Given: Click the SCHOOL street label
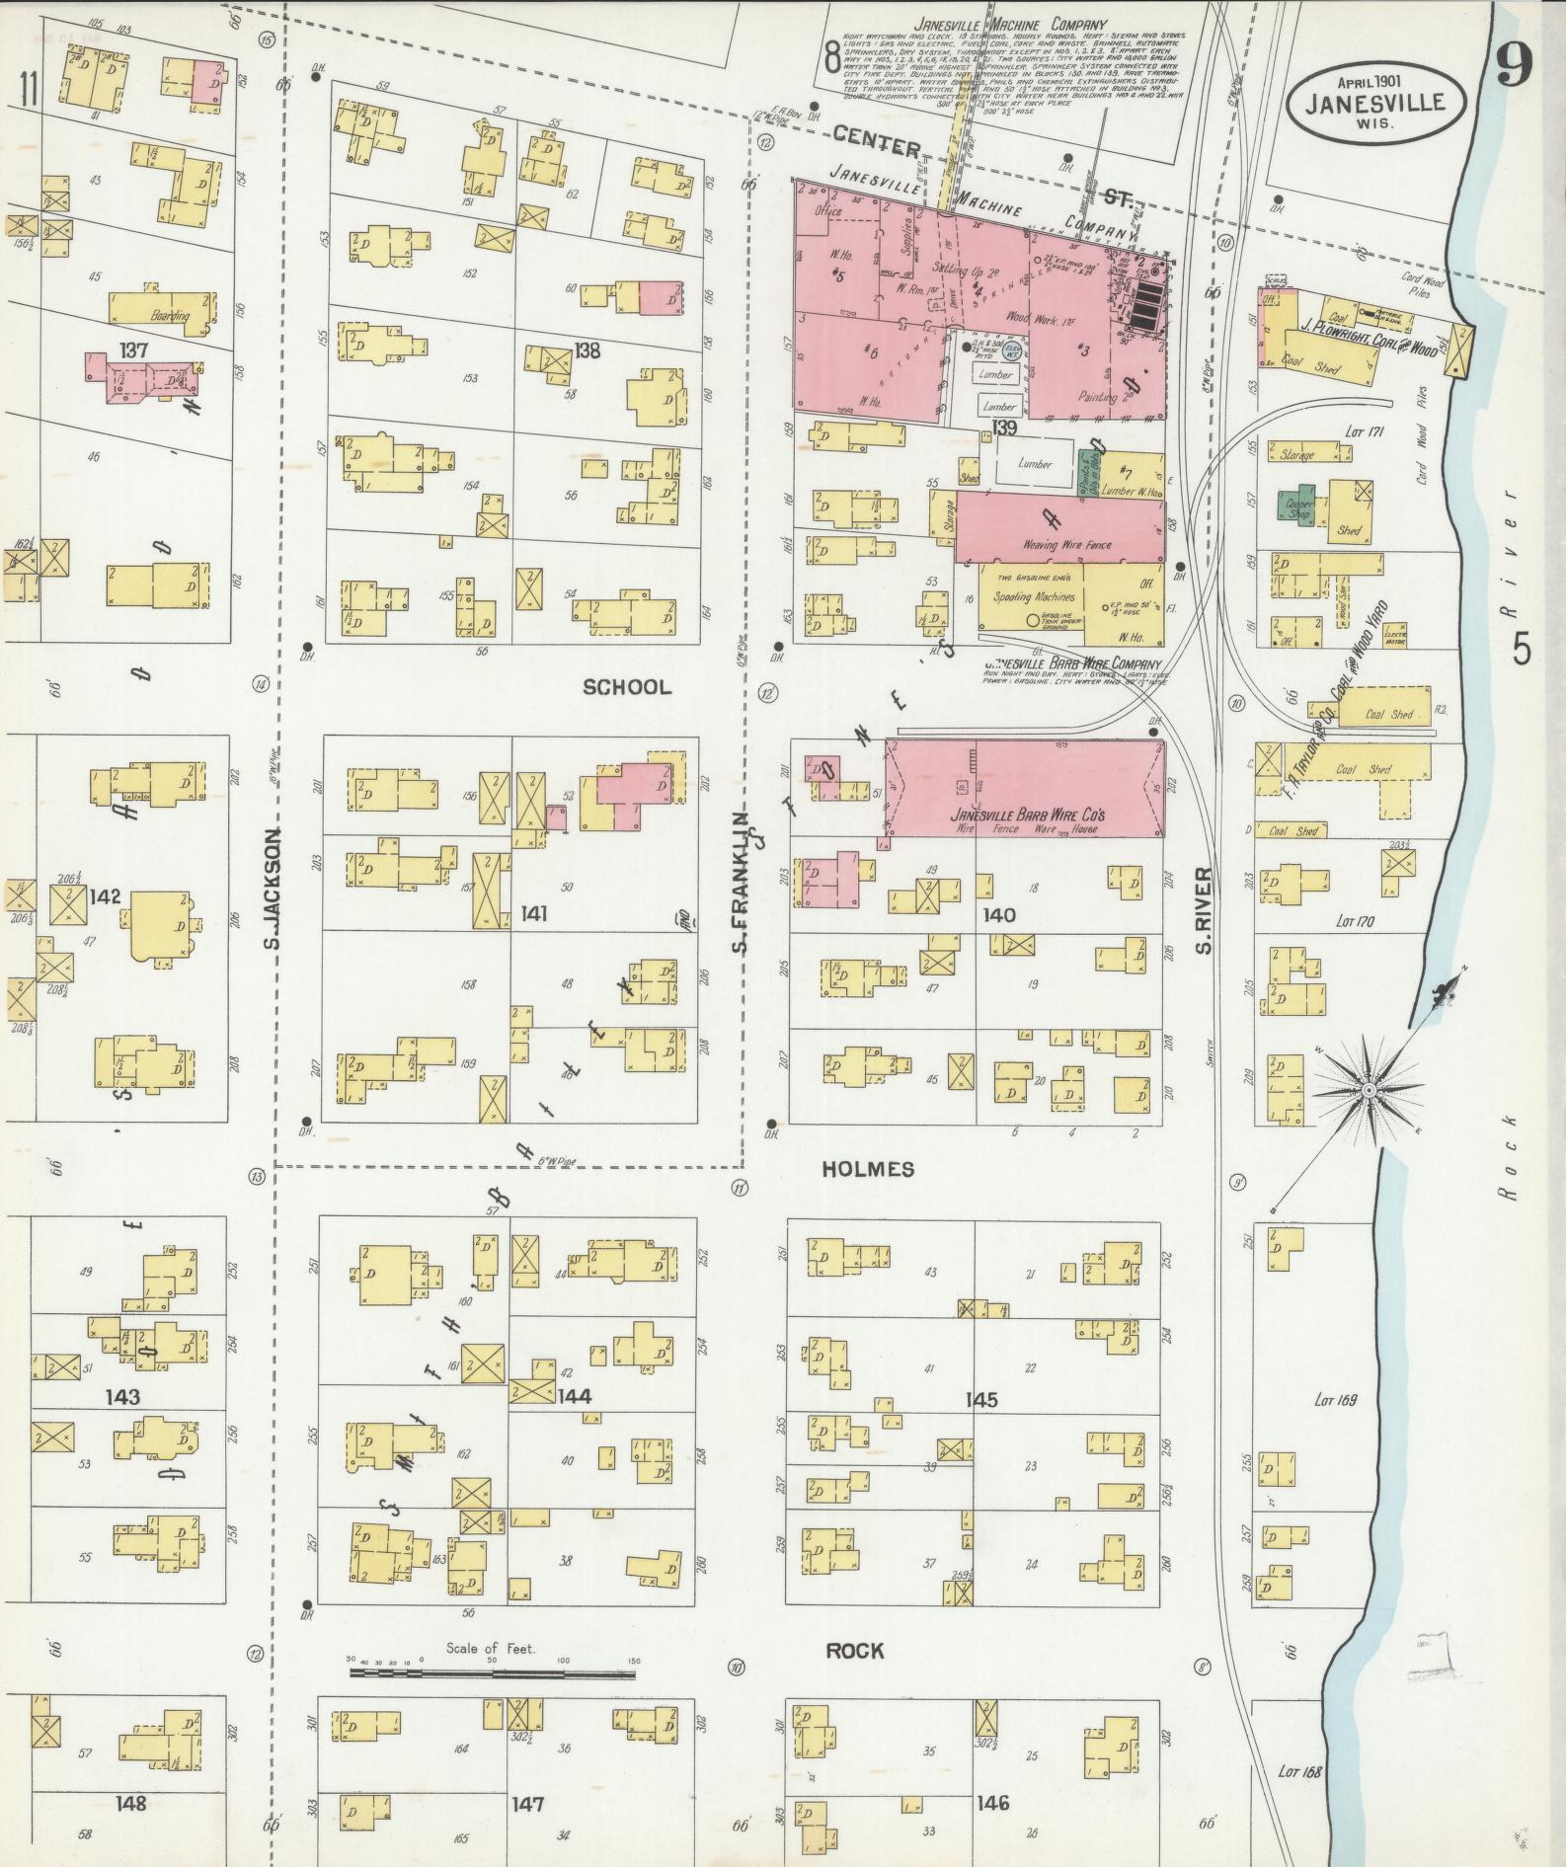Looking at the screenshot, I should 626,687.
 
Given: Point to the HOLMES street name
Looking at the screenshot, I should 868,1169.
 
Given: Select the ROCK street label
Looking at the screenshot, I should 854,1651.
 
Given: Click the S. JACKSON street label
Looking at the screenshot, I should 273,889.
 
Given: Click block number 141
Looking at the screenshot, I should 534,914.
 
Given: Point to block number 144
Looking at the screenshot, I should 574,1396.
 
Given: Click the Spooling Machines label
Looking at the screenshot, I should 1034,597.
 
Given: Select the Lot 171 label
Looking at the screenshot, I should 1366,431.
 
